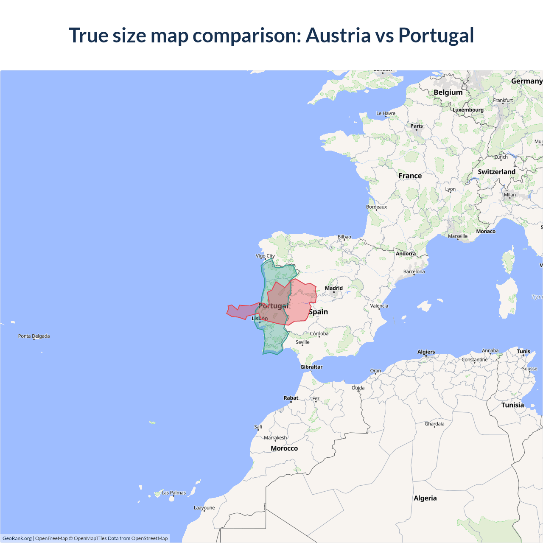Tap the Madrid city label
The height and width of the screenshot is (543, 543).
tap(333, 288)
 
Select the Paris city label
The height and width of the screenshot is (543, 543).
tap(416, 126)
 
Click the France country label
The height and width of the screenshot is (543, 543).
tap(410, 176)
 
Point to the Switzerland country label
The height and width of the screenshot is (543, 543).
tap(496, 172)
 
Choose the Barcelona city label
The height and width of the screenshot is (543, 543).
tap(414, 271)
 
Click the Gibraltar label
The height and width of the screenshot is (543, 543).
tap(311, 367)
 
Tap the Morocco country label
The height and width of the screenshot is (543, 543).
tap(284, 448)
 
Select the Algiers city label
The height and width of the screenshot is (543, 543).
tap(426, 352)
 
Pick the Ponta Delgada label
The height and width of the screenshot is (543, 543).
tap(34, 336)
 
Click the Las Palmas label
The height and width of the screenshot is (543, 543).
tap(174, 493)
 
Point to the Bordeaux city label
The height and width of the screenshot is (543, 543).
tap(376, 207)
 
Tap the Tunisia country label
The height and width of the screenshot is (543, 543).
tap(512, 405)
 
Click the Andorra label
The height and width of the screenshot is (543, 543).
tap(406, 254)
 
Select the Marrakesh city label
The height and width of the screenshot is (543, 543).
tap(275, 438)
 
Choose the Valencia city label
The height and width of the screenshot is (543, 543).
tap(379, 306)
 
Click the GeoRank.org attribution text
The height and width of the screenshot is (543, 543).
tap(17, 538)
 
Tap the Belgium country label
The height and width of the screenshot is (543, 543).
tap(448, 92)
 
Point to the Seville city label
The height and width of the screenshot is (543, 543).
tap(302, 342)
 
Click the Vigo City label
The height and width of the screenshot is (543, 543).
tap(265, 256)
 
